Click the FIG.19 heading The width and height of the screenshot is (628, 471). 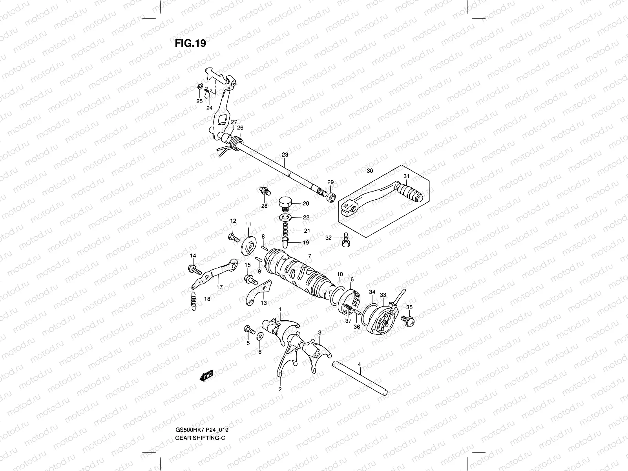[x=190, y=43]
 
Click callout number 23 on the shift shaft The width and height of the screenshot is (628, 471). [x=285, y=155]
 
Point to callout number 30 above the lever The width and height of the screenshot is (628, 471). [x=369, y=171]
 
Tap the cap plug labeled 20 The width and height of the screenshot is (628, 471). [x=286, y=203]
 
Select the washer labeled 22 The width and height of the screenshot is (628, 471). [x=286, y=217]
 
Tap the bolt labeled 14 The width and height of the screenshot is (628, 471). [x=195, y=270]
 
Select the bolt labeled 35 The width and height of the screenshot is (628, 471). [x=407, y=320]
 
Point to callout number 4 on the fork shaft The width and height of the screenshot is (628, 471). [x=360, y=365]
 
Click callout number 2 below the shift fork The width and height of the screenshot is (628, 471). [x=280, y=389]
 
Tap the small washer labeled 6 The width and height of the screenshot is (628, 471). [x=259, y=337]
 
